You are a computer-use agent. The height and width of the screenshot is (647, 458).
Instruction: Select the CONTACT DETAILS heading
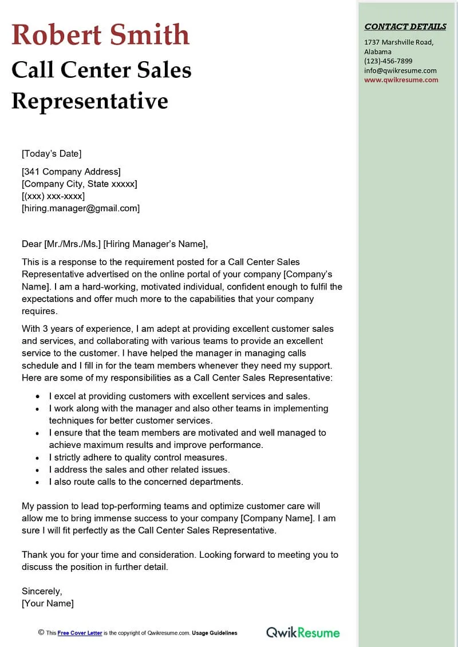coord(405,26)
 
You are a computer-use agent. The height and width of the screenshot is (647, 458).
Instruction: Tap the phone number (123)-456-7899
coord(388,61)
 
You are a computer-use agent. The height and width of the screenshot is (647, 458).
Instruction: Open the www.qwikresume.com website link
coord(401,80)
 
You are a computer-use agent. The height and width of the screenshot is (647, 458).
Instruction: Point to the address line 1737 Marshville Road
coord(398,42)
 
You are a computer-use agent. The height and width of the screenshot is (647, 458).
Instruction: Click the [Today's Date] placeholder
coord(52,153)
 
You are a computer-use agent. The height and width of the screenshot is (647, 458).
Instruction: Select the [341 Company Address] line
coord(71,172)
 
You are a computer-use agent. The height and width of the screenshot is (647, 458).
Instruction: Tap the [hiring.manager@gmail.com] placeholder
coord(81,208)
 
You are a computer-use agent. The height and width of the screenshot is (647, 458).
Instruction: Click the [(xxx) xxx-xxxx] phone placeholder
coord(53,196)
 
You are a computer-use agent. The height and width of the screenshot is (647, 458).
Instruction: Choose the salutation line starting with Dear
coord(114,244)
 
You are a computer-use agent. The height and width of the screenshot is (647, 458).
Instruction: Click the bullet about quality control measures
coord(138,457)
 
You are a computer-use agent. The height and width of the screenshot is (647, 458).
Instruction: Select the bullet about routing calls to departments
coord(146,482)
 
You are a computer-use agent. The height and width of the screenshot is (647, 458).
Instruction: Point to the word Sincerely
coord(42,591)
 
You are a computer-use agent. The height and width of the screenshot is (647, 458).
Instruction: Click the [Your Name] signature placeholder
coord(48,603)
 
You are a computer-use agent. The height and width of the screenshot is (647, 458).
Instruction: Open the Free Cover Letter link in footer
coord(80,633)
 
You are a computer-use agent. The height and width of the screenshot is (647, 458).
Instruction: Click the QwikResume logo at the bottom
coord(302,632)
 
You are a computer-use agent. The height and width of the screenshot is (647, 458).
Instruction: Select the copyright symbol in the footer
coord(41,632)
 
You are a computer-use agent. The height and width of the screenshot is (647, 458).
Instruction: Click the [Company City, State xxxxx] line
coord(79,184)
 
